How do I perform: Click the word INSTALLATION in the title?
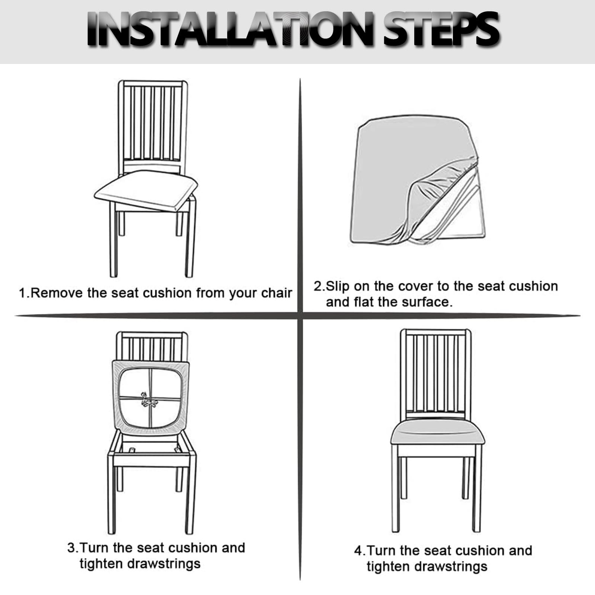pyautogui.click(x=231, y=29)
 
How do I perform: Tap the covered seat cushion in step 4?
pyautogui.click(x=438, y=434)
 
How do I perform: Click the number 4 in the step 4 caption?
pyautogui.click(x=358, y=551)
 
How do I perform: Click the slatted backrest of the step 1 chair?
pyautogui.click(x=153, y=127)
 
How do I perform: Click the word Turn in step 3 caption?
pyautogui.click(x=94, y=548)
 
